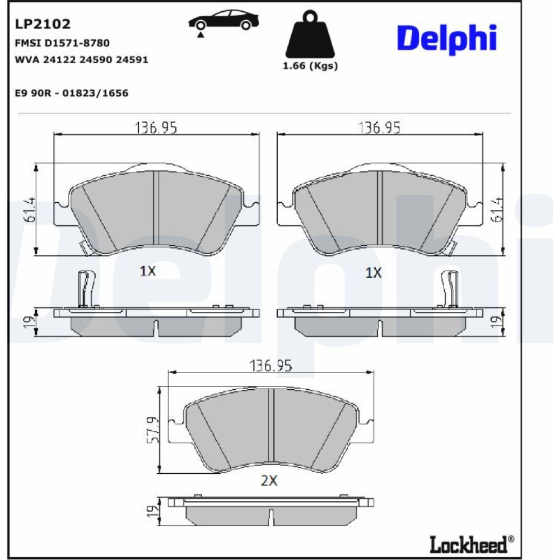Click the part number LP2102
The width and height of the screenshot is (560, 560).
(x=43, y=24)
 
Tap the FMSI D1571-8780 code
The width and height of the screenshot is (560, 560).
(x=62, y=43)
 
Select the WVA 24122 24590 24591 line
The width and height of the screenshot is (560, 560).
(x=81, y=60)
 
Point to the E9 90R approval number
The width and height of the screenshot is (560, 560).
(x=72, y=93)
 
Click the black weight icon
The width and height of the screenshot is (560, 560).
(x=310, y=35)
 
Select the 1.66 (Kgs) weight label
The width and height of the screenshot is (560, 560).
(x=310, y=66)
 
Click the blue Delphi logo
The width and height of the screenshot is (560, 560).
(x=447, y=39)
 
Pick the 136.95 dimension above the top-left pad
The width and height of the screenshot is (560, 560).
(x=156, y=128)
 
